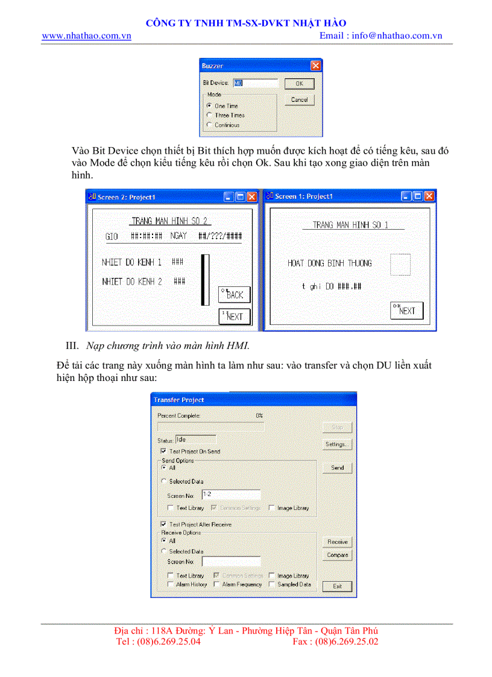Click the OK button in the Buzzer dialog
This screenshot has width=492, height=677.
coord(299,84)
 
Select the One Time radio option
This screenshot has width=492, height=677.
coord(209,105)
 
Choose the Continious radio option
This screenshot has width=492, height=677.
coord(209,125)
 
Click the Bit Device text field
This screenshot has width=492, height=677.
coord(256,83)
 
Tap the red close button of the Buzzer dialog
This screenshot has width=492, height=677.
coord(315,65)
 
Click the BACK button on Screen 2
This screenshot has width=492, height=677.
coord(234,294)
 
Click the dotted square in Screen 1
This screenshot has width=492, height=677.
coord(400,265)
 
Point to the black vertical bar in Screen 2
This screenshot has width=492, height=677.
coord(206,280)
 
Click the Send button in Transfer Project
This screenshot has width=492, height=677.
coord(337,467)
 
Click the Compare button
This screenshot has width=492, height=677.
coord(337,555)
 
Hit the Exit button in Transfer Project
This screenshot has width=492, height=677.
coord(337,586)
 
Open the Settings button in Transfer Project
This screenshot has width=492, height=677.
coord(337,444)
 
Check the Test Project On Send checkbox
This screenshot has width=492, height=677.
coord(163,451)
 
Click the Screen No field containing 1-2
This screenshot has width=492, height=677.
coord(231,494)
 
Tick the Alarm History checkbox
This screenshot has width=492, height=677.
coord(171,584)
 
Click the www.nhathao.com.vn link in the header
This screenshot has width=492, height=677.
coord(86,36)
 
